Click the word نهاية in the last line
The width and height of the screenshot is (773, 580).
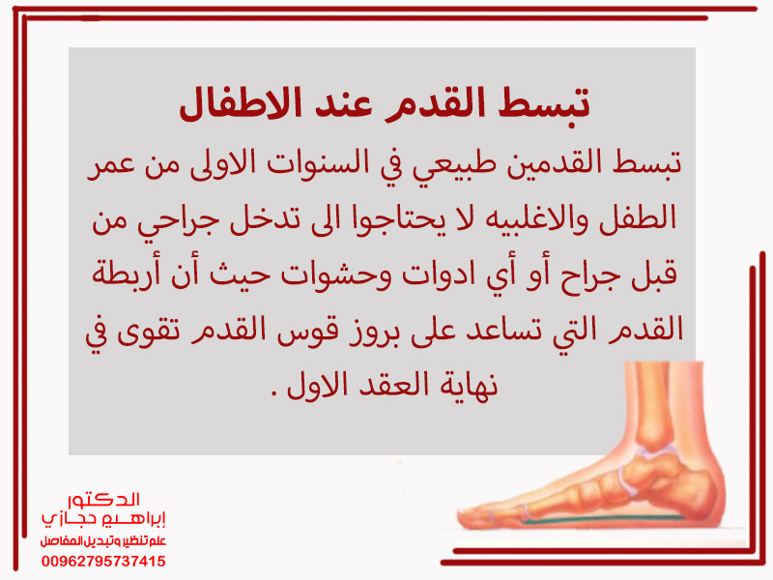(468, 385)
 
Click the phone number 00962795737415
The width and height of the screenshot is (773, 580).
(103, 562)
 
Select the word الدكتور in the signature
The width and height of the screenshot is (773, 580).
(103, 500)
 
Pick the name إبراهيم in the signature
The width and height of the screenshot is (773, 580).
(134, 519)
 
